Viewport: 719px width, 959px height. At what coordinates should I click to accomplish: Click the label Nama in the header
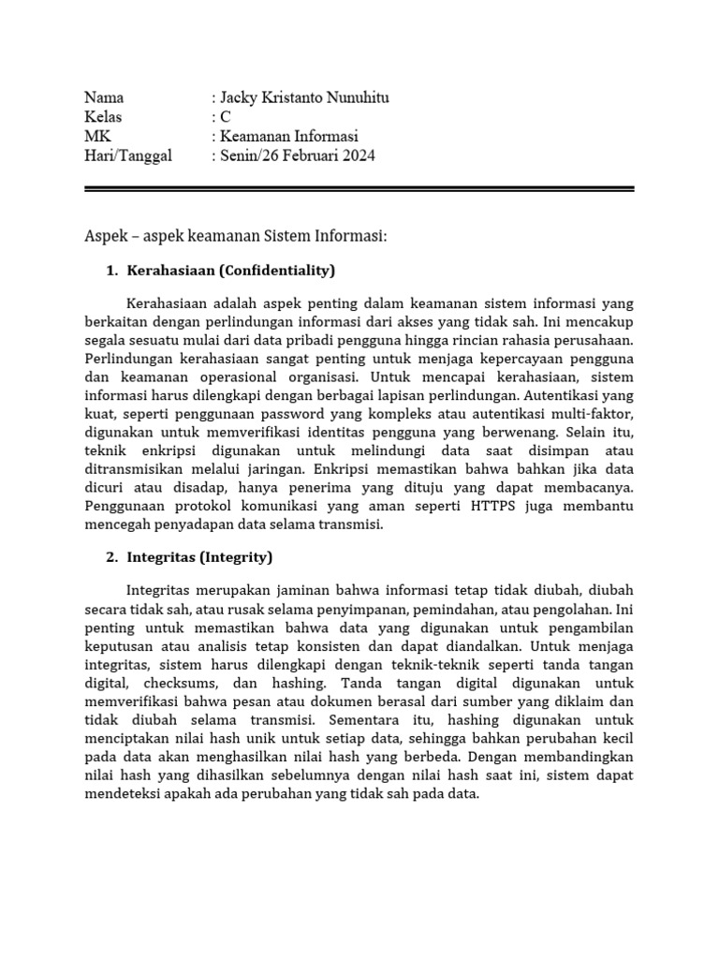click(104, 97)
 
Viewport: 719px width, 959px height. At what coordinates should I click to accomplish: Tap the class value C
click(225, 117)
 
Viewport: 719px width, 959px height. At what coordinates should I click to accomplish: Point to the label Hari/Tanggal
click(128, 156)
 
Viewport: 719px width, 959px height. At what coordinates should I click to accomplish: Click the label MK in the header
click(97, 137)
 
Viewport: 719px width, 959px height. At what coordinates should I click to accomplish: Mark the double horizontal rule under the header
click(359, 189)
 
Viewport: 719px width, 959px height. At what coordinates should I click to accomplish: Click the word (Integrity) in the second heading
click(235, 557)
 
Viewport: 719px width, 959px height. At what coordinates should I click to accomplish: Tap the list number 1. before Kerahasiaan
click(111, 271)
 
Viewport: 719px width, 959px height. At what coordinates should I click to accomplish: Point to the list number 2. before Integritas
click(111, 557)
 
